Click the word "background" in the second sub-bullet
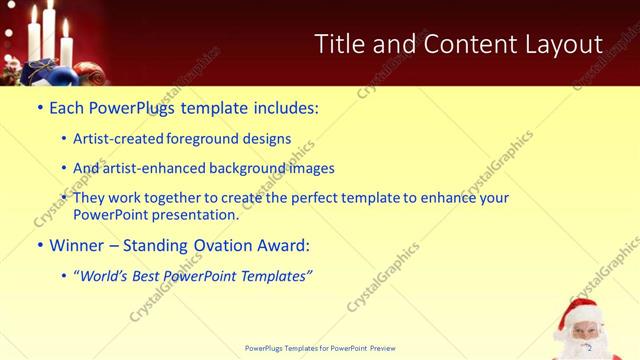coord(258,168)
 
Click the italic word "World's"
coord(109,275)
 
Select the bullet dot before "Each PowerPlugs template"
coord(39,108)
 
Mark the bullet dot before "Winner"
coord(39,245)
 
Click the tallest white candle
coord(47,30)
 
